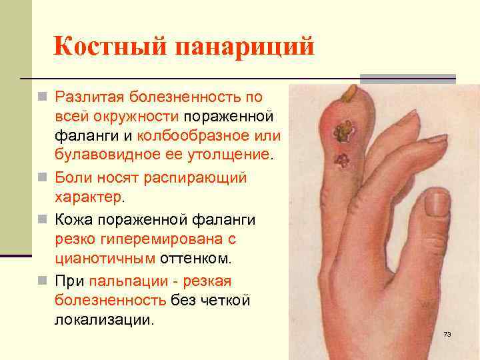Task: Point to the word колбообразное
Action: click(x=209, y=137)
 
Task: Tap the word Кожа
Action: click(x=76, y=218)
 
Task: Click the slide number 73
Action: click(x=447, y=333)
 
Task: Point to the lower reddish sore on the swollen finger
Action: click(x=343, y=160)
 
